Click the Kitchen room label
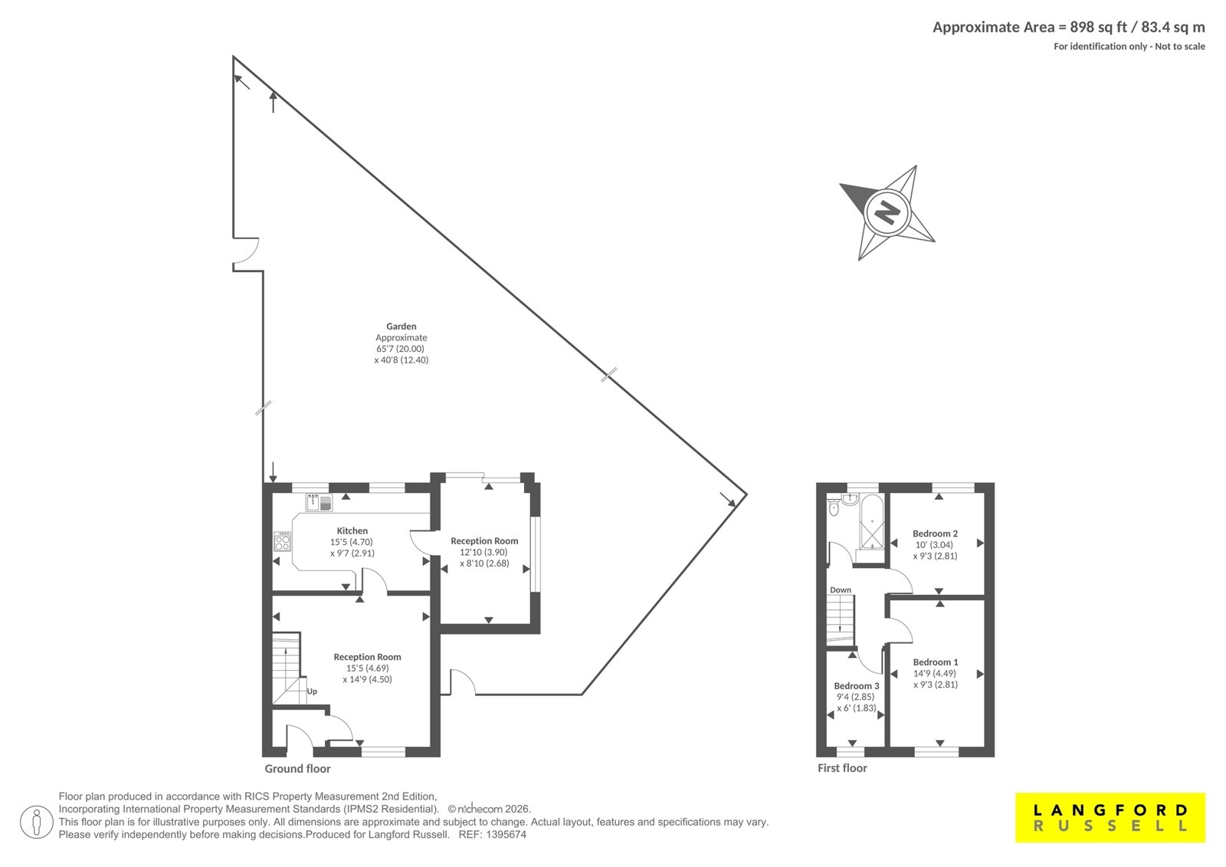tap(352, 530)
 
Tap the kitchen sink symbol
tap(319, 503)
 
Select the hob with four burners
tap(283, 542)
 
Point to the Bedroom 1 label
tap(936, 662)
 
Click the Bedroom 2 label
tap(935, 534)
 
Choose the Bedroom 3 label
tap(857, 686)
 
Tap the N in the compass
tap(887, 212)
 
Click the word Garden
tap(402, 327)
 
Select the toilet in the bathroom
tap(834, 507)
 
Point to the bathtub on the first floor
tap(872, 522)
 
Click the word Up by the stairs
tap(312, 691)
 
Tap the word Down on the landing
tap(841, 589)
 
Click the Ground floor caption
tap(298, 769)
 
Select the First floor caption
tap(842, 768)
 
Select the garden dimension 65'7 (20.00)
tap(400, 349)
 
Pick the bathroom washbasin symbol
tap(850, 499)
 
